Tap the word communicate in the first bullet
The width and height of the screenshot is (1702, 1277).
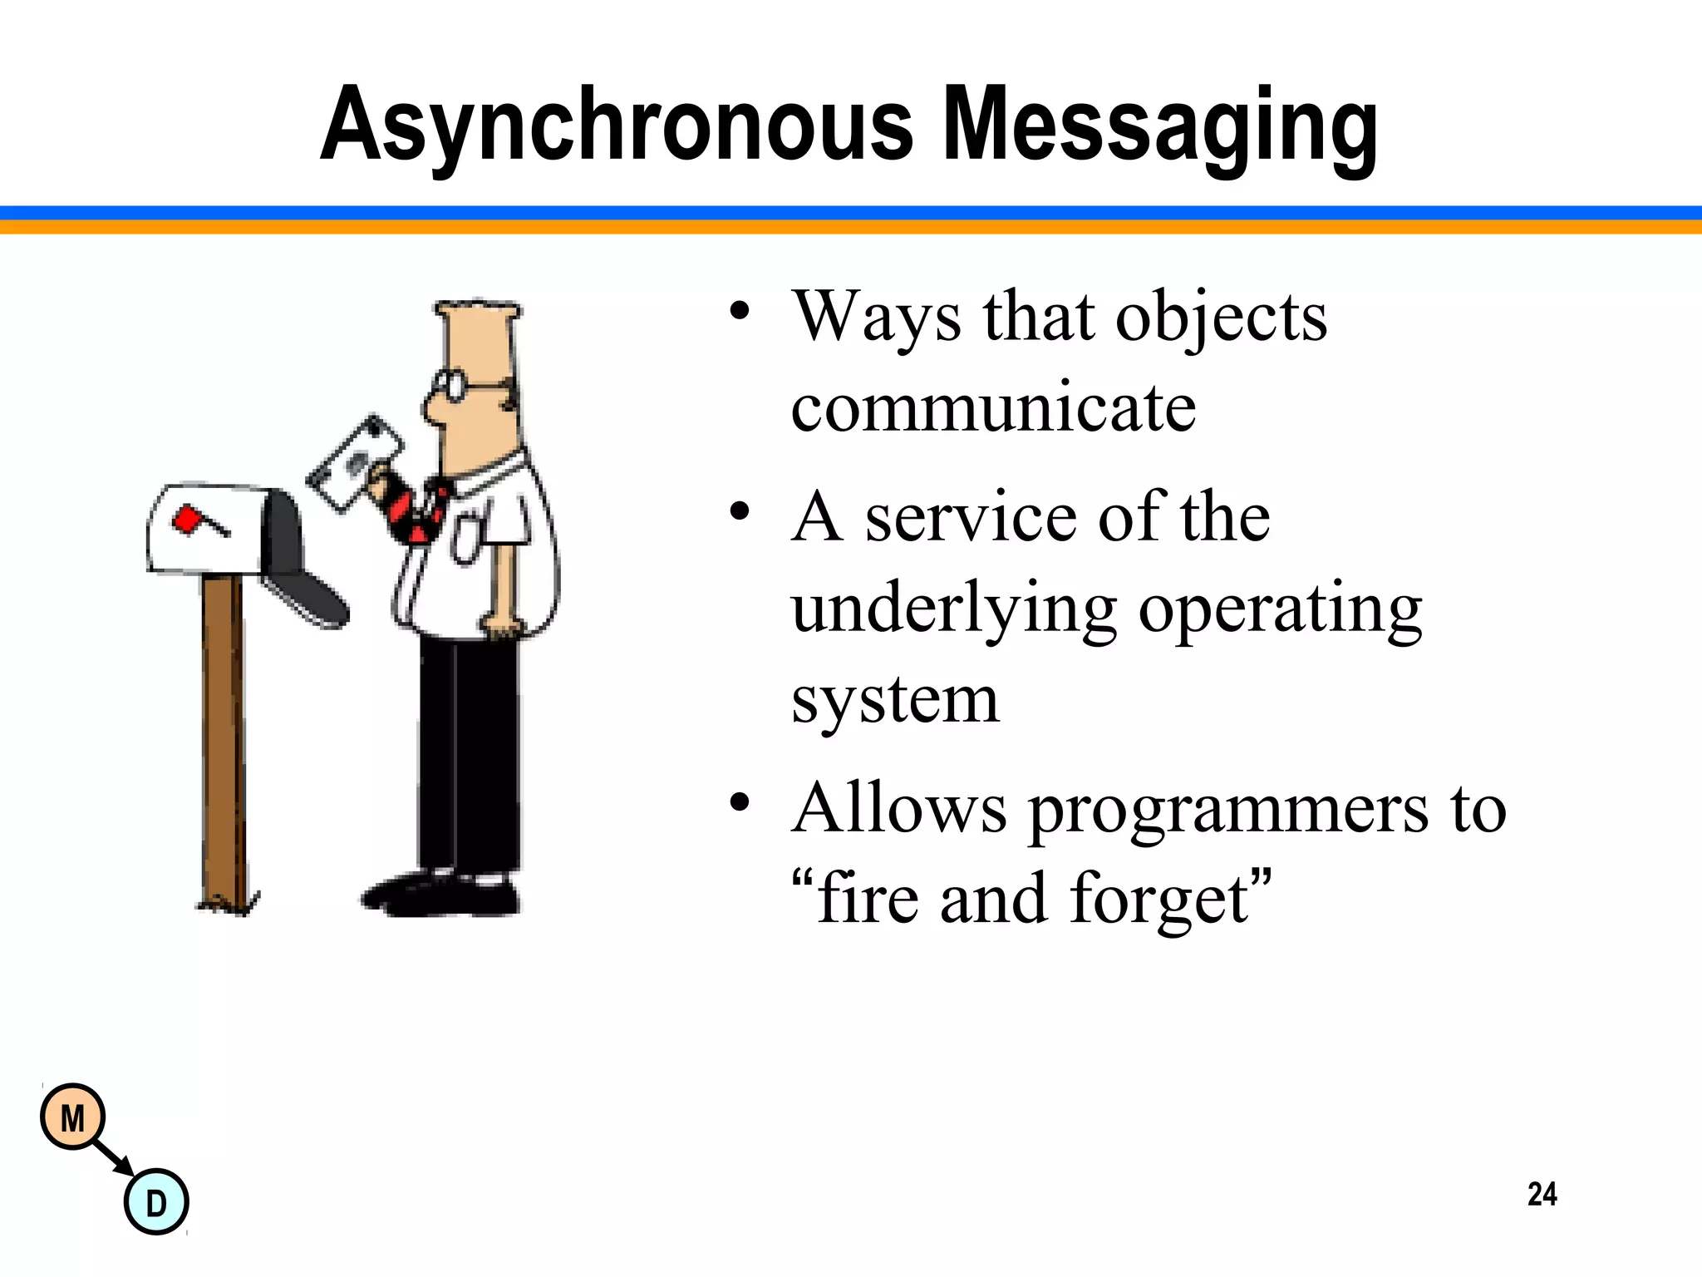(993, 408)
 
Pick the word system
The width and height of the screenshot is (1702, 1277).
(895, 700)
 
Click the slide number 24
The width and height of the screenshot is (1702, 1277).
(1542, 1195)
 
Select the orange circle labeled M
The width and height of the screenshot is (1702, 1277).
(73, 1117)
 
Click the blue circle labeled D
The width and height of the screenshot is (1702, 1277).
(156, 1202)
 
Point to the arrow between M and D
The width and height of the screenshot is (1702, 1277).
(113, 1158)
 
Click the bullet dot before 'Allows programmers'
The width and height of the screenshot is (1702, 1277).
(740, 803)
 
